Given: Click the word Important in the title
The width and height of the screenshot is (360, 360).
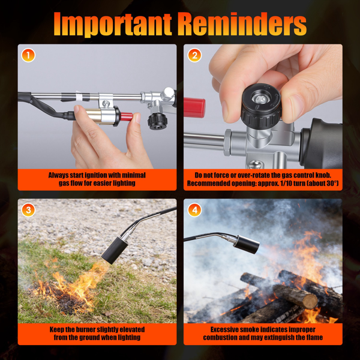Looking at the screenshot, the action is (x=113, y=24).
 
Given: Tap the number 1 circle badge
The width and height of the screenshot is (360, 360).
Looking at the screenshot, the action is (x=28, y=55).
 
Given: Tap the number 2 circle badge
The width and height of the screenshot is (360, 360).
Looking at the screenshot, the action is (x=194, y=55).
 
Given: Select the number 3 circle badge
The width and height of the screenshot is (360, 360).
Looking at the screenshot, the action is (x=28, y=210).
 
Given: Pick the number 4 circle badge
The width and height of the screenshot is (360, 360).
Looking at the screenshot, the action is (x=194, y=210).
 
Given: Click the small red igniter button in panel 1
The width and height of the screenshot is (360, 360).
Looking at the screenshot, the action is (x=127, y=117).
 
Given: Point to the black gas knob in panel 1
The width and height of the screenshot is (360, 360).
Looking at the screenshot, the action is (x=157, y=121).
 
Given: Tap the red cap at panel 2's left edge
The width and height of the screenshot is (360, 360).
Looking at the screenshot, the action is (x=194, y=107).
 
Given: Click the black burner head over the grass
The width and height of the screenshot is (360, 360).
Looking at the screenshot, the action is (x=115, y=250).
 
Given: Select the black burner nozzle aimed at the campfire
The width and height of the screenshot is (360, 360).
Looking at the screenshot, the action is (x=247, y=244).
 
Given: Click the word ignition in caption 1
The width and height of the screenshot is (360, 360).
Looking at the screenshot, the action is (x=95, y=175).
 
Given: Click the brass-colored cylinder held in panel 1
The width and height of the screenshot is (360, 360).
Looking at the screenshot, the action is (x=94, y=115).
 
